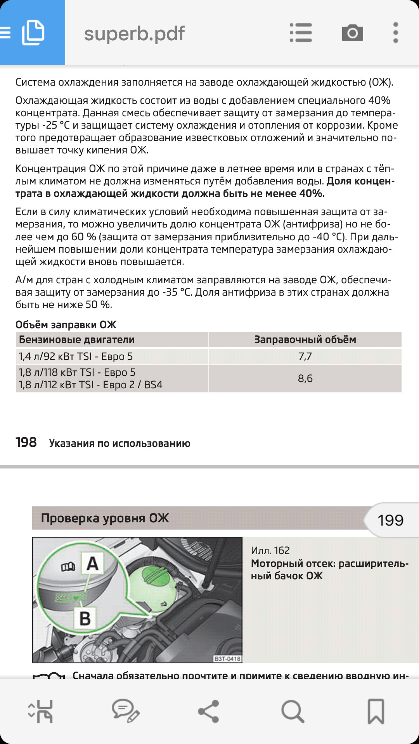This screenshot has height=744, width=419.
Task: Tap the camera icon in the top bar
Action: coord(352,33)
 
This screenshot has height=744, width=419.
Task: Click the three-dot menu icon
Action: coord(395,33)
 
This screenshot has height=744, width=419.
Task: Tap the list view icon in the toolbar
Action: coord(301,33)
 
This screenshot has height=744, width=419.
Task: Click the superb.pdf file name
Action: coord(134,34)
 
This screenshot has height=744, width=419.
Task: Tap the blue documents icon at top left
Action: coord(33,33)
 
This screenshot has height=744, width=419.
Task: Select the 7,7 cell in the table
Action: coord(305,356)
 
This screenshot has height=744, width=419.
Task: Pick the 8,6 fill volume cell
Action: coord(305,379)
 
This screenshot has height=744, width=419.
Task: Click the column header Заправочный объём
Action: coord(305,339)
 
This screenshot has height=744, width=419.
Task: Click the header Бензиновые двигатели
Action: coord(77,339)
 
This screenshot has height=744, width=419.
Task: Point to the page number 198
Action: coord(26,443)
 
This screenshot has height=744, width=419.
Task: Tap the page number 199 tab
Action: coord(390,520)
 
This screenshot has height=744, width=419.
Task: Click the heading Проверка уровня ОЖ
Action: coord(105,518)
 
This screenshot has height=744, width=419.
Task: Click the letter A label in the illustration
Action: coord(92,564)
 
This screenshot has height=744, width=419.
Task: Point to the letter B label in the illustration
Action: coord(85,618)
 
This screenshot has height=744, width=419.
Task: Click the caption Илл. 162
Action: coord(270,551)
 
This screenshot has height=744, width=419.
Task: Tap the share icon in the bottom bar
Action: coord(209,711)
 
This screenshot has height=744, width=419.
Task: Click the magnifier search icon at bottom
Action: coord(292,711)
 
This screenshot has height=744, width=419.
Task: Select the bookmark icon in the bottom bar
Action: coord(376,711)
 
